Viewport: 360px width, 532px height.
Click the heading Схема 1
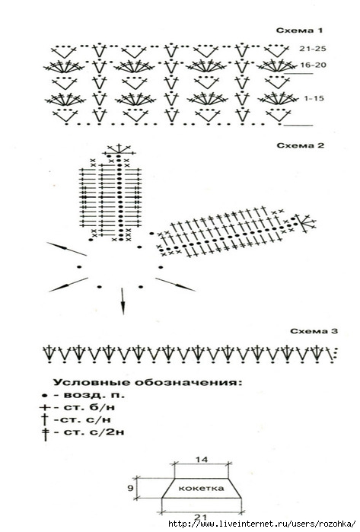(299, 30)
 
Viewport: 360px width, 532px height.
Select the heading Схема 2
(301, 145)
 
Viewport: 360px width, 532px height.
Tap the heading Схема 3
(314, 331)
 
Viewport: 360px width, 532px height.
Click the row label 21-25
(313, 49)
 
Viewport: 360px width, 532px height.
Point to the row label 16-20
(313, 65)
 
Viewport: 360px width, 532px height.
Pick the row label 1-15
(314, 99)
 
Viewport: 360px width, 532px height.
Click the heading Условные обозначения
(148, 382)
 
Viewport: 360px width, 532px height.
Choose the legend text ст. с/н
(83, 420)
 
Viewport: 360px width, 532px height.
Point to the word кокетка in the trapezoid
(201, 488)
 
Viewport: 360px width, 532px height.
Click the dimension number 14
(202, 460)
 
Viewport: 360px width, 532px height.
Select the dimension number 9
(130, 488)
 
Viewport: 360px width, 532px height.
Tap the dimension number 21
(201, 517)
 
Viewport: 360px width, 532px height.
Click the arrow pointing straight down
(123, 301)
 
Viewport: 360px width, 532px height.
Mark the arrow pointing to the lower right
(175, 285)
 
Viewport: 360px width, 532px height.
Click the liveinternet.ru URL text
(262, 524)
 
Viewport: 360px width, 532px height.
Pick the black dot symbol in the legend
(44, 396)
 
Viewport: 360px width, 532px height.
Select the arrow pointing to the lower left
(68, 285)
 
